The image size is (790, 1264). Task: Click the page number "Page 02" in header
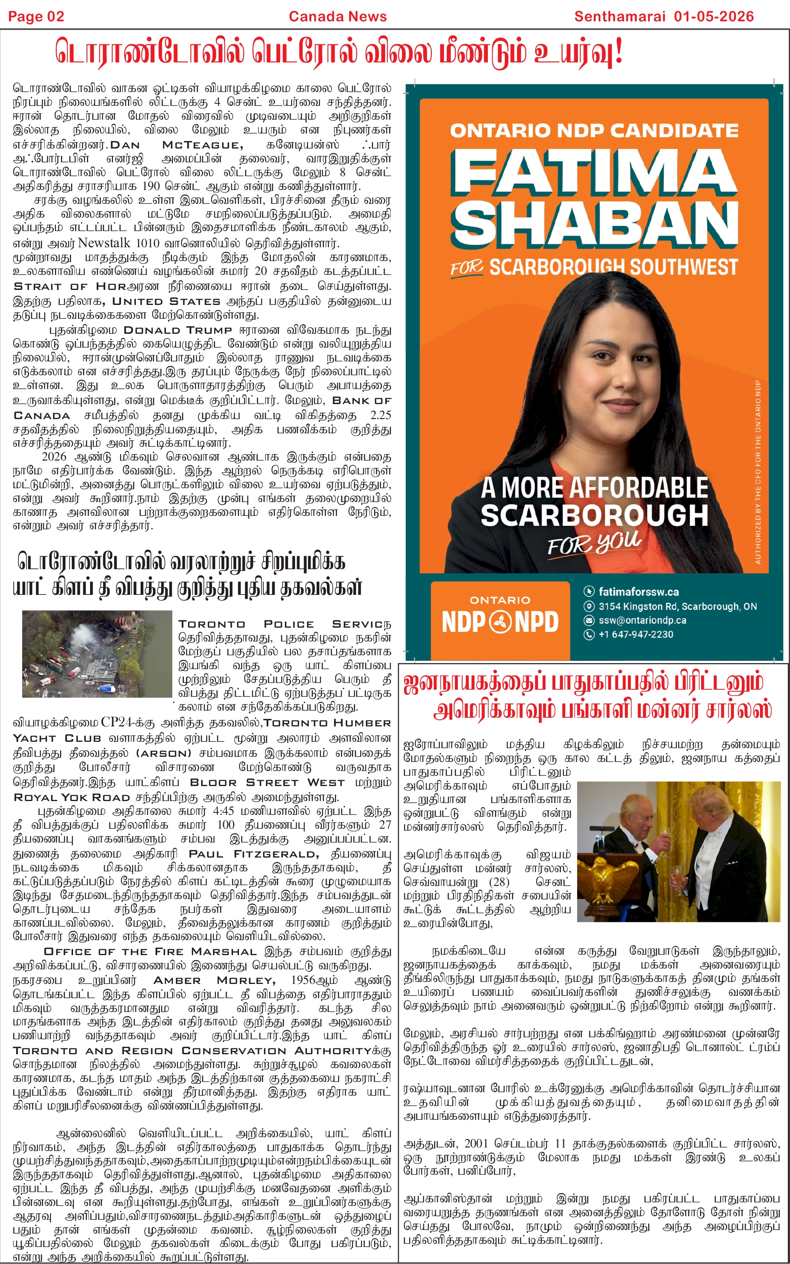pos(36,17)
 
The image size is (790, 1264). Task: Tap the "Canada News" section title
pos(337,17)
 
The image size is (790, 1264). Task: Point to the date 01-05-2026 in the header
pos(713,17)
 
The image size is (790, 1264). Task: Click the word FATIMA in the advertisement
pos(594,172)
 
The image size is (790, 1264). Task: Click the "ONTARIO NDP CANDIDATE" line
pos(594,130)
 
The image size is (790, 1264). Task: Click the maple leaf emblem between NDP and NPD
pos(500,622)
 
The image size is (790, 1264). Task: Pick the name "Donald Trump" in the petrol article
pos(178,330)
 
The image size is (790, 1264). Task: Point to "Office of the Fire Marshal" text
pos(150,952)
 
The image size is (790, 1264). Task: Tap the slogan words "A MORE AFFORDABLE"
pos(594,488)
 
